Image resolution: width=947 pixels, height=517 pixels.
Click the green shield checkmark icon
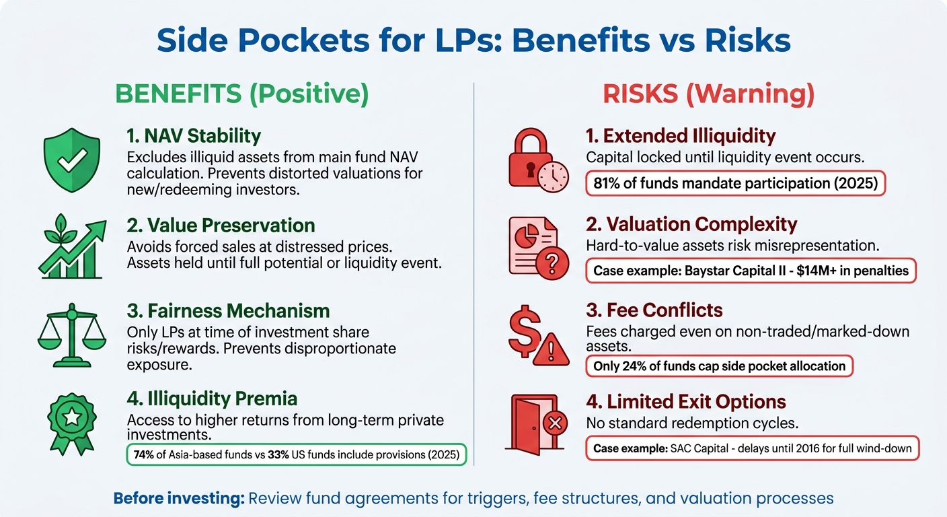pyautogui.click(x=71, y=156)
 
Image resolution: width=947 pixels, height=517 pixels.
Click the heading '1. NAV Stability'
pyautogui.click(x=193, y=136)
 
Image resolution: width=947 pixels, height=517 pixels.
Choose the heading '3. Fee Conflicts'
pyautogui.click(x=654, y=310)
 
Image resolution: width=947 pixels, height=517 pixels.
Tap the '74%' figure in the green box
pyautogui.click(x=144, y=454)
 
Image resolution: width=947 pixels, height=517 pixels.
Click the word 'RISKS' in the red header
pyautogui.click(x=640, y=95)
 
